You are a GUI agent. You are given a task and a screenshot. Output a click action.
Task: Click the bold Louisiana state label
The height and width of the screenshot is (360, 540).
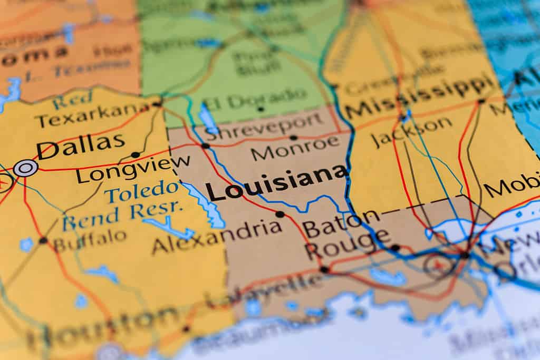[x=276, y=183]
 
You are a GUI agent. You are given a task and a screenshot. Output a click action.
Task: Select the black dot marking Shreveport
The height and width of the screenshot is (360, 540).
[x=205, y=145]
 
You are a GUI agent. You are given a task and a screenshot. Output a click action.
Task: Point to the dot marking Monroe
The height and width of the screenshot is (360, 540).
[x=293, y=138]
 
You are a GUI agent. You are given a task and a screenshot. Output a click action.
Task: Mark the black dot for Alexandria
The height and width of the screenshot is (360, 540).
[x=279, y=214]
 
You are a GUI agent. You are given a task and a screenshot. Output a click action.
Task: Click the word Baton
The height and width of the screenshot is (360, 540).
[x=341, y=223]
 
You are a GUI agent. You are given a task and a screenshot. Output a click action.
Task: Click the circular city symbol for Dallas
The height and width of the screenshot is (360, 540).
[x=25, y=168]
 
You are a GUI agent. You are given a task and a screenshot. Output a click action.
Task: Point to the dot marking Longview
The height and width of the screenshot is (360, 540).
[x=136, y=155]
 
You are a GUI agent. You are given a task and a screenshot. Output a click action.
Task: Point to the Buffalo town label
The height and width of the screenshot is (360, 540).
[x=90, y=240]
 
